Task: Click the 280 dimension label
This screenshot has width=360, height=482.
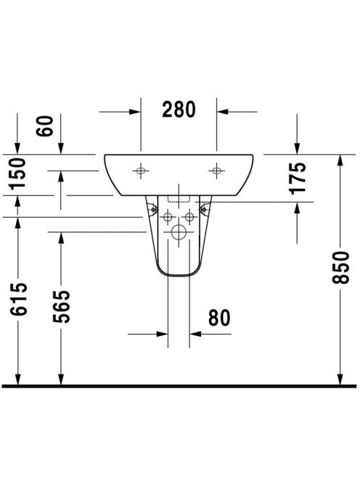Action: click(x=179, y=109)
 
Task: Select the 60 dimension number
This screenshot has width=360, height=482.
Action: click(x=44, y=126)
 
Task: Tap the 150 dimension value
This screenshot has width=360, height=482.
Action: click(x=17, y=173)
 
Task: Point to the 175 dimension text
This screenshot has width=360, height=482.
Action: click(x=298, y=179)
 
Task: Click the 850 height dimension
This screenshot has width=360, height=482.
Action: click(x=340, y=267)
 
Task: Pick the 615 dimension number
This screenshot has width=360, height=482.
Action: click(x=19, y=299)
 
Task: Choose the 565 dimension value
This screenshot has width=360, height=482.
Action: click(x=61, y=306)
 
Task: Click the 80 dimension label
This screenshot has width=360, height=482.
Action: click(x=219, y=317)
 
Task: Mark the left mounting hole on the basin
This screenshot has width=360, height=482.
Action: click(x=141, y=171)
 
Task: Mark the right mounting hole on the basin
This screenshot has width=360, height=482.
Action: click(x=217, y=171)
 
